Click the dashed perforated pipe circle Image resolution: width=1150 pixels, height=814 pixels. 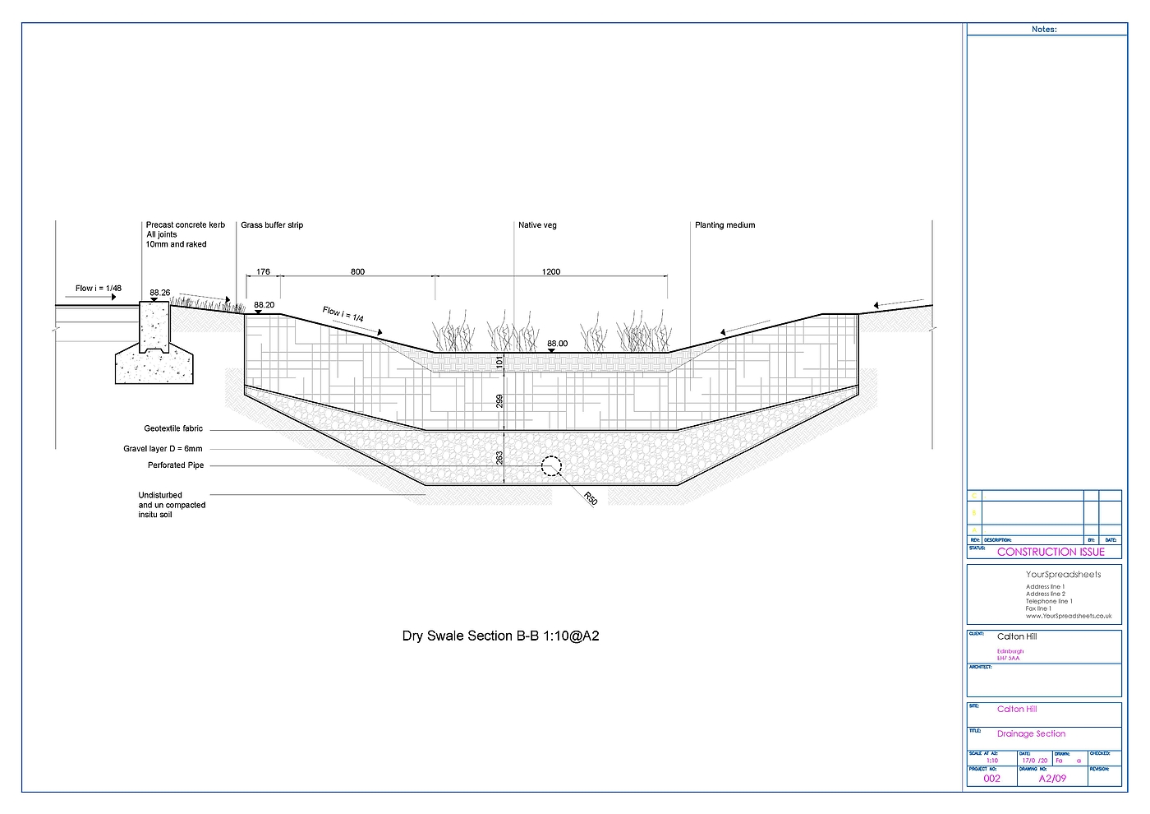550,467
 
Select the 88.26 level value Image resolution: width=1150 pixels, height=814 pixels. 160,293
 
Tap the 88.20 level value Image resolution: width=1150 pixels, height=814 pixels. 264,305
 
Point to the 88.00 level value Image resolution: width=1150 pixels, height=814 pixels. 557,344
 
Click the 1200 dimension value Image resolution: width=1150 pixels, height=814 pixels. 551,271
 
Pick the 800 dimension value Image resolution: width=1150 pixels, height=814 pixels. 357,271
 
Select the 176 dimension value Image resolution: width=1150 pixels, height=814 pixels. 263,271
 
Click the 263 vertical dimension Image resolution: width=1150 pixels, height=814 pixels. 499,457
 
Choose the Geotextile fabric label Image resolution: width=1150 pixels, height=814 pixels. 173,428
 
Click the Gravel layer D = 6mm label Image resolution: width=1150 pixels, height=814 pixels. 163,449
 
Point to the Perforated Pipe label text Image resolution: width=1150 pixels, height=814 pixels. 176,465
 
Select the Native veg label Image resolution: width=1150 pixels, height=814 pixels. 537,225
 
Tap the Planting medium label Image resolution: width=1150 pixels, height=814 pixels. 724,225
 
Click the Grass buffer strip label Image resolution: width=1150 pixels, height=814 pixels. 272,225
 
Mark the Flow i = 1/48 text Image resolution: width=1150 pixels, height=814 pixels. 99,288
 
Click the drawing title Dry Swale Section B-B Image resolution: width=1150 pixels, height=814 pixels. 500,636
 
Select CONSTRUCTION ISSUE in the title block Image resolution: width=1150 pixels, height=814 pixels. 1051,552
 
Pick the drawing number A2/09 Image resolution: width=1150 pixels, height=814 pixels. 1052,778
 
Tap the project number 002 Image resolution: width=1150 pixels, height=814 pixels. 992,779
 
